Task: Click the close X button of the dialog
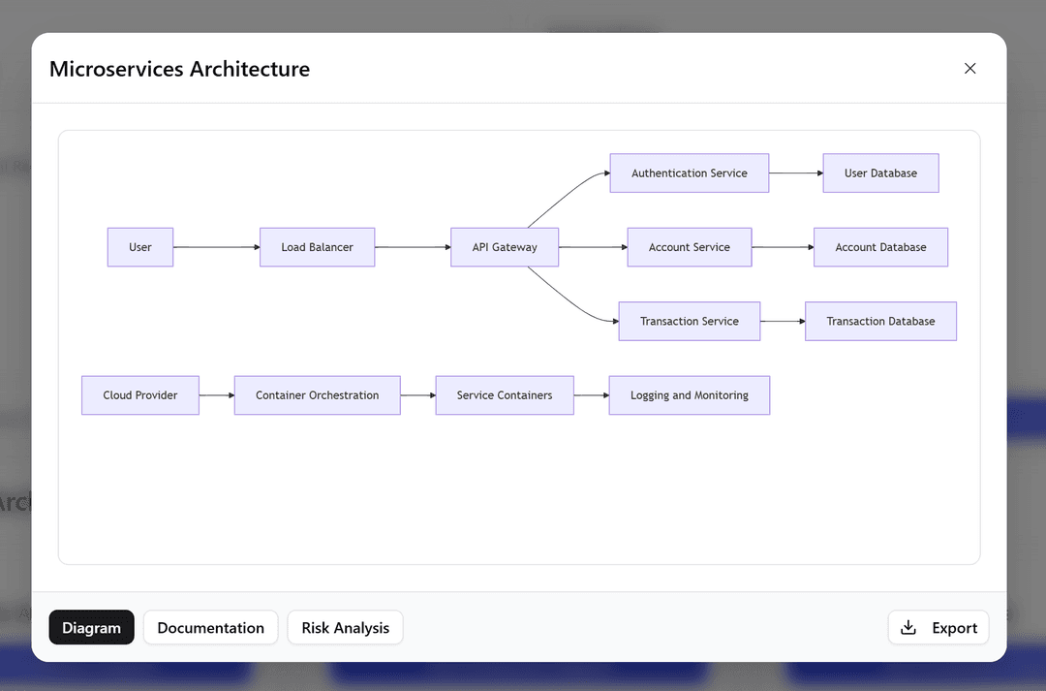(969, 69)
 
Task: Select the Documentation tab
(210, 628)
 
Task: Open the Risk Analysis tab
(345, 628)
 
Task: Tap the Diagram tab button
(91, 628)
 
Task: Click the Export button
(938, 628)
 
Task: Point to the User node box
(140, 247)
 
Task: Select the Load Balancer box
(317, 247)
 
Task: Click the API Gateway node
(505, 247)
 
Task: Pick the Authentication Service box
(689, 173)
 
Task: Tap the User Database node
(880, 173)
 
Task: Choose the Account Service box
(689, 247)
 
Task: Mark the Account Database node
(880, 247)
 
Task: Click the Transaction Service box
(689, 321)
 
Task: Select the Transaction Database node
(880, 321)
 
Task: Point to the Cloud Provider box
(140, 395)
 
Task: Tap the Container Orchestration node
(317, 395)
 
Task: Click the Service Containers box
(505, 395)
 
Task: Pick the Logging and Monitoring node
(689, 395)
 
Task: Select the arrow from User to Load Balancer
(216, 247)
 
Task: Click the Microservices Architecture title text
(179, 69)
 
